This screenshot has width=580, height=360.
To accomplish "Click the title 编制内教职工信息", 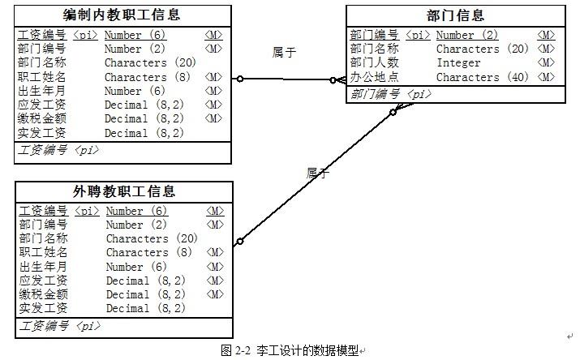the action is [x=122, y=15].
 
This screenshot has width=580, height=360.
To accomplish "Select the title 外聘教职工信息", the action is [x=123, y=191].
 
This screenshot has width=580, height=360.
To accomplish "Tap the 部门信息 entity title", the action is [x=455, y=15].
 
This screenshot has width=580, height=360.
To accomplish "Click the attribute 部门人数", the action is [x=374, y=62].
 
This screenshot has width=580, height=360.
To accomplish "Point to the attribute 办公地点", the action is [x=374, y=77].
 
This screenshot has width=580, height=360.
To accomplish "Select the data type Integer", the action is [x=458, y=62].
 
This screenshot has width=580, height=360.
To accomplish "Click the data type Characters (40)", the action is [x=483, y=77].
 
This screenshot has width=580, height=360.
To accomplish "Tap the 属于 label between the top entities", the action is [x=284, y=52].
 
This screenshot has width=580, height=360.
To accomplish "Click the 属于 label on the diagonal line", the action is [x=318, y=173].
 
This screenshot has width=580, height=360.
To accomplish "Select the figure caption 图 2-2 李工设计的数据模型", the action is [x=290, y=350].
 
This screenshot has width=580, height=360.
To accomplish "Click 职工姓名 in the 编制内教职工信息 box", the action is [x=41, y=77].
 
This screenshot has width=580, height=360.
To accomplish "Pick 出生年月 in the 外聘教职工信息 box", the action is [x=43, y=267].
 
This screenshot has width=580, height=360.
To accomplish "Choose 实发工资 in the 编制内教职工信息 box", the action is [x=41, y=133].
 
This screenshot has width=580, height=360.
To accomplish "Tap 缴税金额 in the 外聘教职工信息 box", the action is [x=43, y=294].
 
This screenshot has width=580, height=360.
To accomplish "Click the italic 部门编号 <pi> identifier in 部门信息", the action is [x=391, y=94].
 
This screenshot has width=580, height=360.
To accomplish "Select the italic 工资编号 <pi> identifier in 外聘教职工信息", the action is [x=59, y=326].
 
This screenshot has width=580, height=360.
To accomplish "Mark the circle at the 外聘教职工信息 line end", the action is [x=239, y=242].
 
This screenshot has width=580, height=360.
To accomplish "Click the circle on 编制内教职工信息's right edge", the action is [x=240, y=79].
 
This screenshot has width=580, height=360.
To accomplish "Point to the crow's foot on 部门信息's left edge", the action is [x=342, y=79].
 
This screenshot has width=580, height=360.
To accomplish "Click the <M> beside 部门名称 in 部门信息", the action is [x=546, y=49].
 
